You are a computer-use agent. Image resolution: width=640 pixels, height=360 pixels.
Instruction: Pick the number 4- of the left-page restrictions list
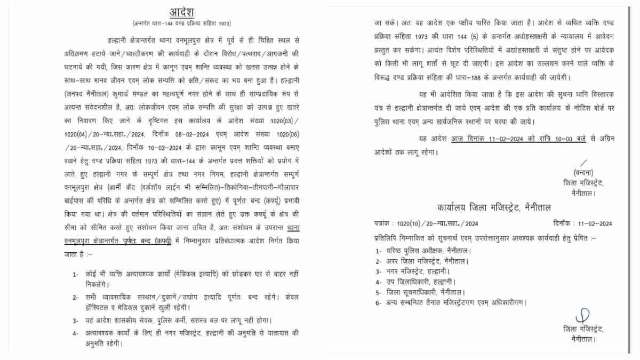click(76, 332)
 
